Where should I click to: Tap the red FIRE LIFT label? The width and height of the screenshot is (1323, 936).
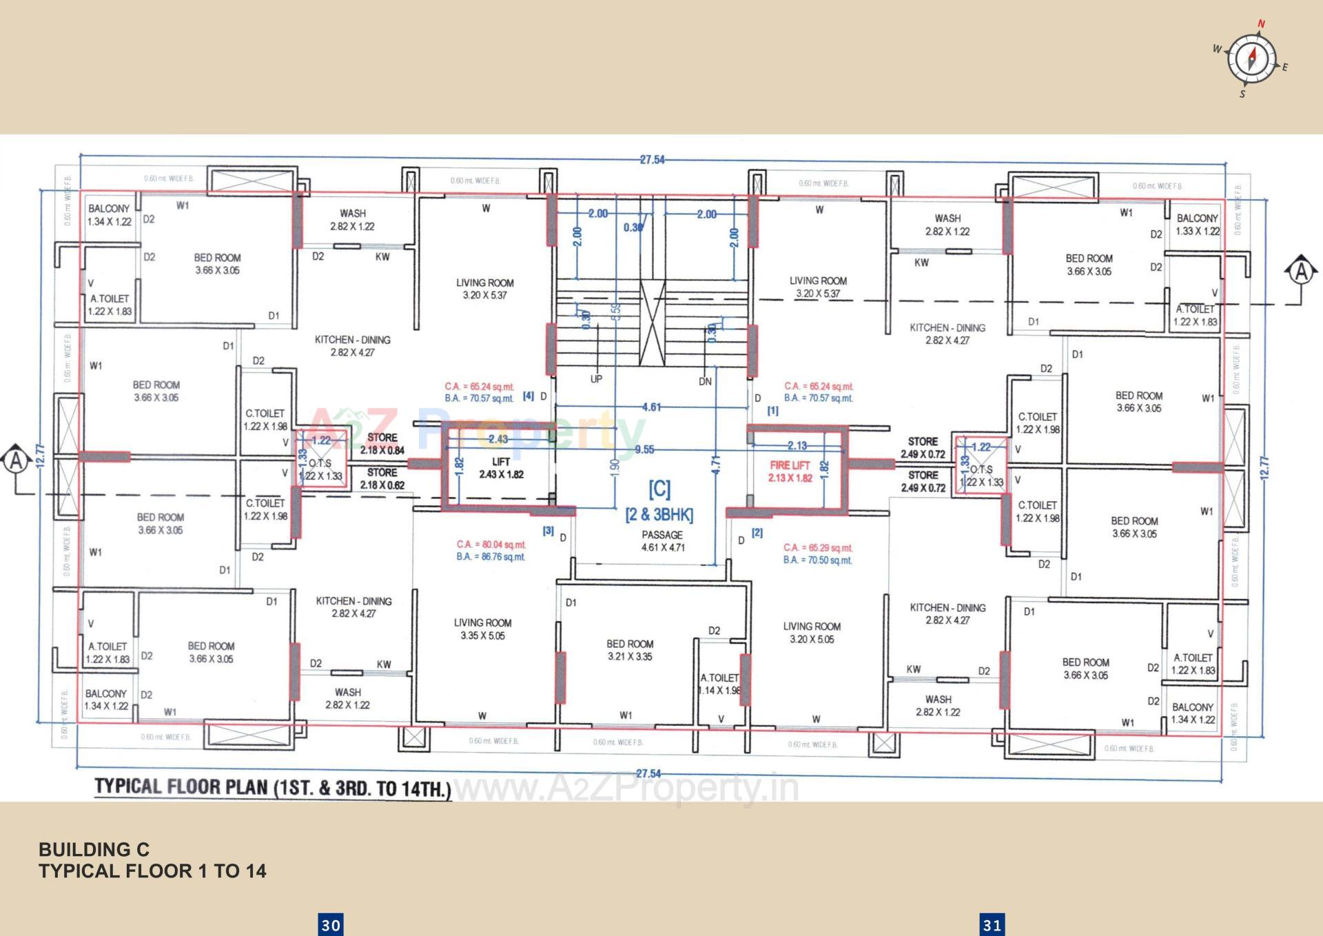click(x=790, y=471)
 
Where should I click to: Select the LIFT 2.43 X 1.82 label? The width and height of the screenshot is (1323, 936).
click(x=501, y=468)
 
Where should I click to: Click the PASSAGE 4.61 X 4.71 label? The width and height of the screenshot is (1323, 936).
click(x=662, y=541)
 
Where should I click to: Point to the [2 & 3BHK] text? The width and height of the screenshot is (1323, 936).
click(x=659, y=515)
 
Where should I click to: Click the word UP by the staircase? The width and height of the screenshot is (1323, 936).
click(x=596, y=379)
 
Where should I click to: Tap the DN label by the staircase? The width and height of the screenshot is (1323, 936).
click(x=705, y=381)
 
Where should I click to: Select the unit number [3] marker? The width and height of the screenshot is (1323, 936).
click(x=548, y=531)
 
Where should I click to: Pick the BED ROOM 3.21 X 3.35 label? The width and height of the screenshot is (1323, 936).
click(x=630, y=650)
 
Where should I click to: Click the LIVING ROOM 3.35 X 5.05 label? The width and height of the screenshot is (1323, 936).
click(x=482, y=629)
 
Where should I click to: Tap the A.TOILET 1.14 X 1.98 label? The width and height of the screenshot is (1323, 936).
click(x=719, y=684)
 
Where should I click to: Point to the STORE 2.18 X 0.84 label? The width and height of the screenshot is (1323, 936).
click(x=382, y=444)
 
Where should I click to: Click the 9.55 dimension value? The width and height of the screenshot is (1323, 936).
click(x=644, y=449)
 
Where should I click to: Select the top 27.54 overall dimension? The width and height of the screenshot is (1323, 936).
click(x=652, y=159)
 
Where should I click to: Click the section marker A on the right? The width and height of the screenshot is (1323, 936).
click(x=1300, y=270)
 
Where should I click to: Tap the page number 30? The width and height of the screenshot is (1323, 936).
click(x=331, y=924)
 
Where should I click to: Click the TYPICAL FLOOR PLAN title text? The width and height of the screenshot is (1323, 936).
click(x=273, y=788)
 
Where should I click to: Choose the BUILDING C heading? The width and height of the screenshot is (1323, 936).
click(x=94, y=849)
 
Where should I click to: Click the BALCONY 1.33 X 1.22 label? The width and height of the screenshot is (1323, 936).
click(x=1197, y=225)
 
